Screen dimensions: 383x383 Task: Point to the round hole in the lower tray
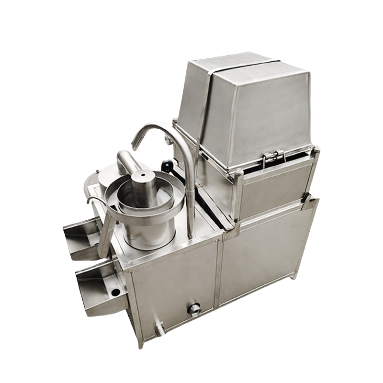(115, 291)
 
